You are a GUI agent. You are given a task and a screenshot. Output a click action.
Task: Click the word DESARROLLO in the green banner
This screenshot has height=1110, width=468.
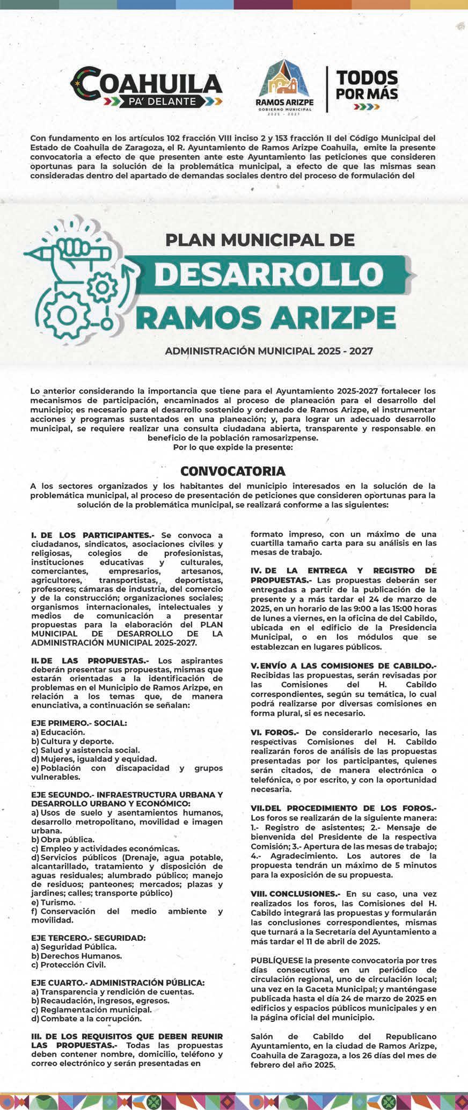point(267,274)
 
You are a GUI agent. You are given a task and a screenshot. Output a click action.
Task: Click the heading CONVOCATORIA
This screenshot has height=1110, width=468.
point(233,471)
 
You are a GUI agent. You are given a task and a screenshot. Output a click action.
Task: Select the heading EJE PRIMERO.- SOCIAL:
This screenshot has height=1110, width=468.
point(79,723)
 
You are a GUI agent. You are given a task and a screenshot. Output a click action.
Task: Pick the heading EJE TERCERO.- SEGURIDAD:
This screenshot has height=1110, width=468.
point(89,938)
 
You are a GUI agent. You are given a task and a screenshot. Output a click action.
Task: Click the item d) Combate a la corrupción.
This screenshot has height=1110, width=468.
point(86,1018)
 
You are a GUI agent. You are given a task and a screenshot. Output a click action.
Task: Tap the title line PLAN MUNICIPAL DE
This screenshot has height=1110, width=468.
point(260,239)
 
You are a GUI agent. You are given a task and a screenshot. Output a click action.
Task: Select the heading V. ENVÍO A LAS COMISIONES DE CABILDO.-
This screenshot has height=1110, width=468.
point(343,666)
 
